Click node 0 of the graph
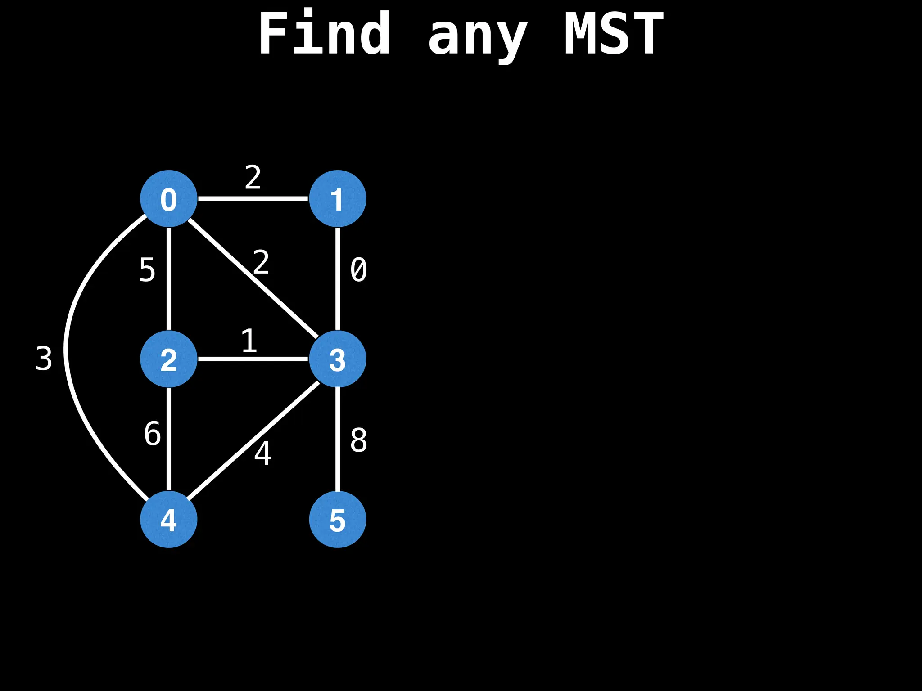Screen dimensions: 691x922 click(x=169, y=198)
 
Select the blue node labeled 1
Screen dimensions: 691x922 click(x=337, y=198)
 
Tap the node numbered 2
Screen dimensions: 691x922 click(x=169, y=359)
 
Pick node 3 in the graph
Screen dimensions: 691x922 click(x=337, y=359)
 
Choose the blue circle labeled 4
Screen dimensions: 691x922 click(x=169, y=519)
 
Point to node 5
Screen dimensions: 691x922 click(x=337, y=519)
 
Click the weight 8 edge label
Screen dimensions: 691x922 click(x=358, y=440)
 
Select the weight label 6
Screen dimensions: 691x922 click(x=153, y=434)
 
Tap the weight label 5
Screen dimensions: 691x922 click(x=147, y=270)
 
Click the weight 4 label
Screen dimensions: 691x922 click(x=263, y=453)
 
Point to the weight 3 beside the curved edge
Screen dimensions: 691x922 click(x=44, y=359)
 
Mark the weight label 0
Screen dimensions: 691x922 click(x=358, y=270)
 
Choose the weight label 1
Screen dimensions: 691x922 click(x=249, y=341)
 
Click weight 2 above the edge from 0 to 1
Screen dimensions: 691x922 click(x=253, y=177)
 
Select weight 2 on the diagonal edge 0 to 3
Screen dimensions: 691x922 click(x=261, y=262)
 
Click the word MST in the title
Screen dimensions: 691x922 click(x=614, y=34)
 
